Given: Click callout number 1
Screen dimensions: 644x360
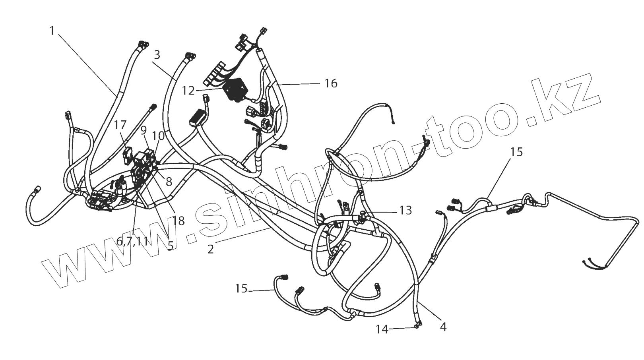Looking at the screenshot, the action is pos(52,31).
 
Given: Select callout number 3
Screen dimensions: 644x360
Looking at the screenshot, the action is pos(157,55).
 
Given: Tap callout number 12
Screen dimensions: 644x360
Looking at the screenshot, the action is pos(188,91).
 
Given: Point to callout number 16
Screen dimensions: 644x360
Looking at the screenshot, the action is pos(331,83).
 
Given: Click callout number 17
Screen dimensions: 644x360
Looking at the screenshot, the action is pos(120,125).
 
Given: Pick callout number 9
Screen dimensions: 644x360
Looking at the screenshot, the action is pos(144,130).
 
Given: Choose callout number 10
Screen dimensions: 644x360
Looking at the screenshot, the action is pos(158,135).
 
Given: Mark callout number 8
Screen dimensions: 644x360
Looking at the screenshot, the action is pos(169,182).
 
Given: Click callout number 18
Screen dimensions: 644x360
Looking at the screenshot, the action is pos(179,221).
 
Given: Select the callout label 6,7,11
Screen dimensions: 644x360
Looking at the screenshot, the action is pos(132,241).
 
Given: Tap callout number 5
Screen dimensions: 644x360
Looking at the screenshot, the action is pos(170,246).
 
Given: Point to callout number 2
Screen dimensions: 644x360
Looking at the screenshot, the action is pos(211,249).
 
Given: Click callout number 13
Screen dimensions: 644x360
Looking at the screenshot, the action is pos(405,210).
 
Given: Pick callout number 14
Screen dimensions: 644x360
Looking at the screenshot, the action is pos(382,329).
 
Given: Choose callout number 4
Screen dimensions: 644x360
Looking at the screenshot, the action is pos(443,327).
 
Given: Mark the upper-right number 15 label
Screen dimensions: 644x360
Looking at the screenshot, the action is pos(517,152).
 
